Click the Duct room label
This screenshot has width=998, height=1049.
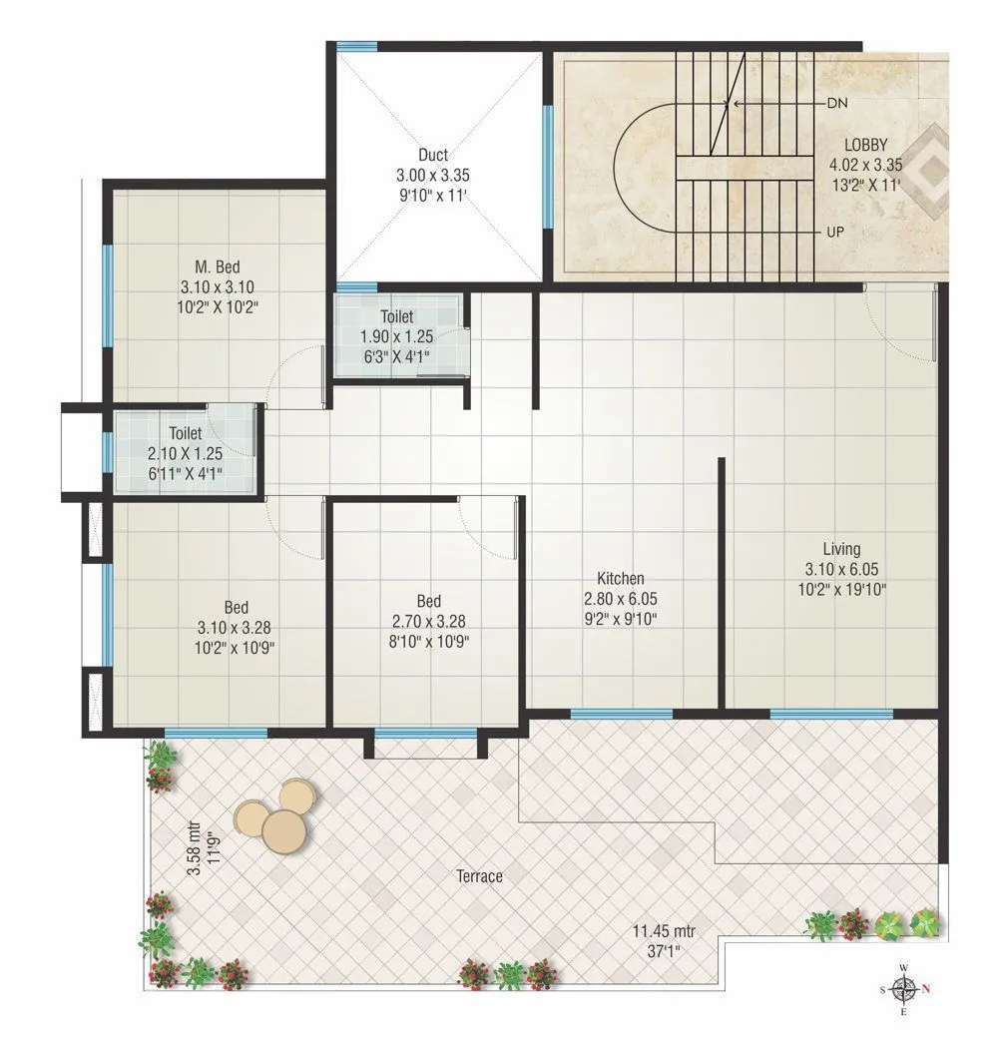(433, 155)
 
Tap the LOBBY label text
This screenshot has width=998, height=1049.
(864, 146)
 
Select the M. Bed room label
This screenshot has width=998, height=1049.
(217, 266)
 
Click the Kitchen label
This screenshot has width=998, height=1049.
(621, 579)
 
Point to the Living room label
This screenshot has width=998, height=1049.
(841, 549)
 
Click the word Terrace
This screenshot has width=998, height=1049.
(479, 876)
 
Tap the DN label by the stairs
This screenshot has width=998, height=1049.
(836, 103)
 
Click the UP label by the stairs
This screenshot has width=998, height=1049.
(836, 232)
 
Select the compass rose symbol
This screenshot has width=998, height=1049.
(904, 989)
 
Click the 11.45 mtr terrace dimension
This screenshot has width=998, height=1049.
(663, 931)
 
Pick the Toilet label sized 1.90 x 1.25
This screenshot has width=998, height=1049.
(396, 316)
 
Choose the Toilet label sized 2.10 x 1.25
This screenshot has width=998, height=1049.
(186, 434)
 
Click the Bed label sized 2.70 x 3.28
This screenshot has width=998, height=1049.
(429, 601)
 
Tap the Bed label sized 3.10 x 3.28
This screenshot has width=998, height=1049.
(237, 607)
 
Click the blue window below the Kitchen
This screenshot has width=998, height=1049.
(621, 714)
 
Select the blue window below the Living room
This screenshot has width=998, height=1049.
(830, 714)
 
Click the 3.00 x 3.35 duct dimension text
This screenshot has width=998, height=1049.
(433, 175)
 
